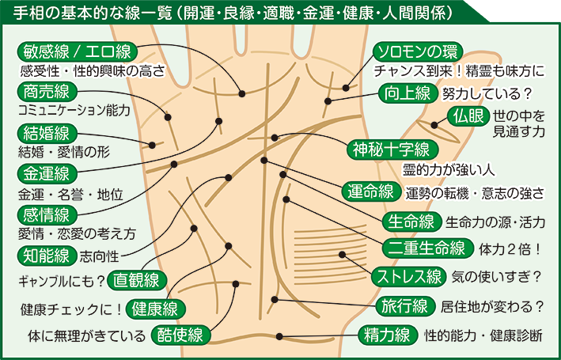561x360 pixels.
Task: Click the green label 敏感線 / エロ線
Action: [x=78, y=52]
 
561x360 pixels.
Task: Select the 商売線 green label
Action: [x=47, y=92]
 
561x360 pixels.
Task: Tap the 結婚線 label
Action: [x=47, y=134]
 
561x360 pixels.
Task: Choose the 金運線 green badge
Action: [x=47, y=174]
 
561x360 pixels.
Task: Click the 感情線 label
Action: [x=47, y=215]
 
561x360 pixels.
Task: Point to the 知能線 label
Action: [x=47, y=256]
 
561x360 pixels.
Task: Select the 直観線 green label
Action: [x=137, y=280]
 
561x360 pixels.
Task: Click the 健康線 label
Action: [x=156, y=309]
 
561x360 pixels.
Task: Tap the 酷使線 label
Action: [x=181, y=335]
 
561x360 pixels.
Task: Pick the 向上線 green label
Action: [x=408, y=93]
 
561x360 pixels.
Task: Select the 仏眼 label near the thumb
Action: [x=468, y=116]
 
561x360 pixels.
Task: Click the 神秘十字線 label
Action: [x=392, y=150]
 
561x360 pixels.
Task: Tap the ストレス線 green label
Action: [x=409, y=277]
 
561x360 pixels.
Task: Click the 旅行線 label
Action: [x=405, y=306]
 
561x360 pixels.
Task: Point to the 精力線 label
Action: [x=389, y=335]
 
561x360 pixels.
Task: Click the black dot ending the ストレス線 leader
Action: [x=342, y=255]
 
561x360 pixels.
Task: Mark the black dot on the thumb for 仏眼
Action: [x=434, y=125]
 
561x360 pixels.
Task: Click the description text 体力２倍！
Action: [x=510, y=249]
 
